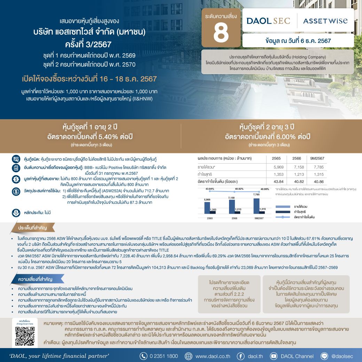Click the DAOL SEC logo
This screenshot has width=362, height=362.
[x=268, y=21]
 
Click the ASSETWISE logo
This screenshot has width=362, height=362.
[x=325, y=21]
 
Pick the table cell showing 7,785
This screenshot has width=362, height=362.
[x=318, y=167]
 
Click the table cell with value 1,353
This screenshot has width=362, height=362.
[x=279, y=174]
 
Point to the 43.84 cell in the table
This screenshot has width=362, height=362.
[x=279, y=182]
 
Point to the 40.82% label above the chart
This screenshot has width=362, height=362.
[x=238, y=189]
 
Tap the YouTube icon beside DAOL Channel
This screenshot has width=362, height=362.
[x=274, y=356]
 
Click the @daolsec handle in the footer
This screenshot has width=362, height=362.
[x=342, y=356]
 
